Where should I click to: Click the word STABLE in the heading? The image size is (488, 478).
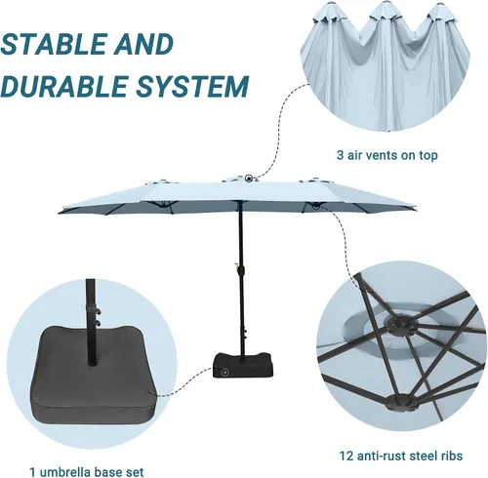tap(53, 44)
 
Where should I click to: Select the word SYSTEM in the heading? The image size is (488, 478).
tap(192, 86)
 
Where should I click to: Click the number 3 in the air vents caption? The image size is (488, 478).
tap(340, 155)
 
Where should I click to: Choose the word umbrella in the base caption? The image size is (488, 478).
tap(61, 471)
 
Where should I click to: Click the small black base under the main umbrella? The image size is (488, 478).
tap(243, 365)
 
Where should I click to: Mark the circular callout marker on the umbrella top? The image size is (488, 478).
tap(249, 178)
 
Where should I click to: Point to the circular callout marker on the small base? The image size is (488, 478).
tap(224, 371)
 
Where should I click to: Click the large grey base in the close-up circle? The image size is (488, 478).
tap(95, 374)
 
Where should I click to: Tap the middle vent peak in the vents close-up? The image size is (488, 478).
tap(386, 10)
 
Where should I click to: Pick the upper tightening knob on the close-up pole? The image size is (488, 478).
tap(98, 311)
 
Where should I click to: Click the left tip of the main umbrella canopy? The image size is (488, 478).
tap(59, 213)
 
